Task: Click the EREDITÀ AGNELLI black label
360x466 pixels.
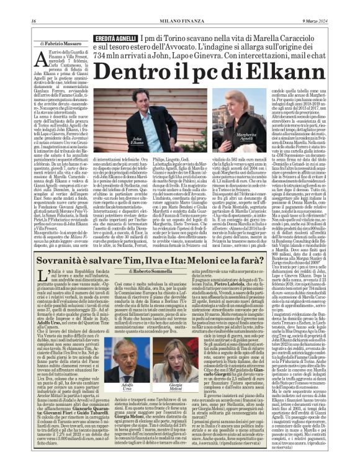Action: tap(115, 39)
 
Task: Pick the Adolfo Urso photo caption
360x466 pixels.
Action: tap(126, 388)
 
